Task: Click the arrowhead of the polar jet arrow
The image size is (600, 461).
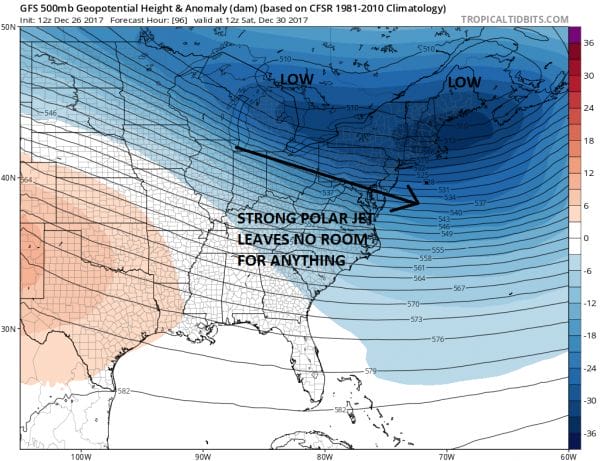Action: (x=410, y=204)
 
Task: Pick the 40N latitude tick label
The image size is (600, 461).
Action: (x=9, y=178)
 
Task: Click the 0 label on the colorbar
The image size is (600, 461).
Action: (x=587, y=238)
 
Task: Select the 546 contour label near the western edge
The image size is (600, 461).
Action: (x=50, y=114)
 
